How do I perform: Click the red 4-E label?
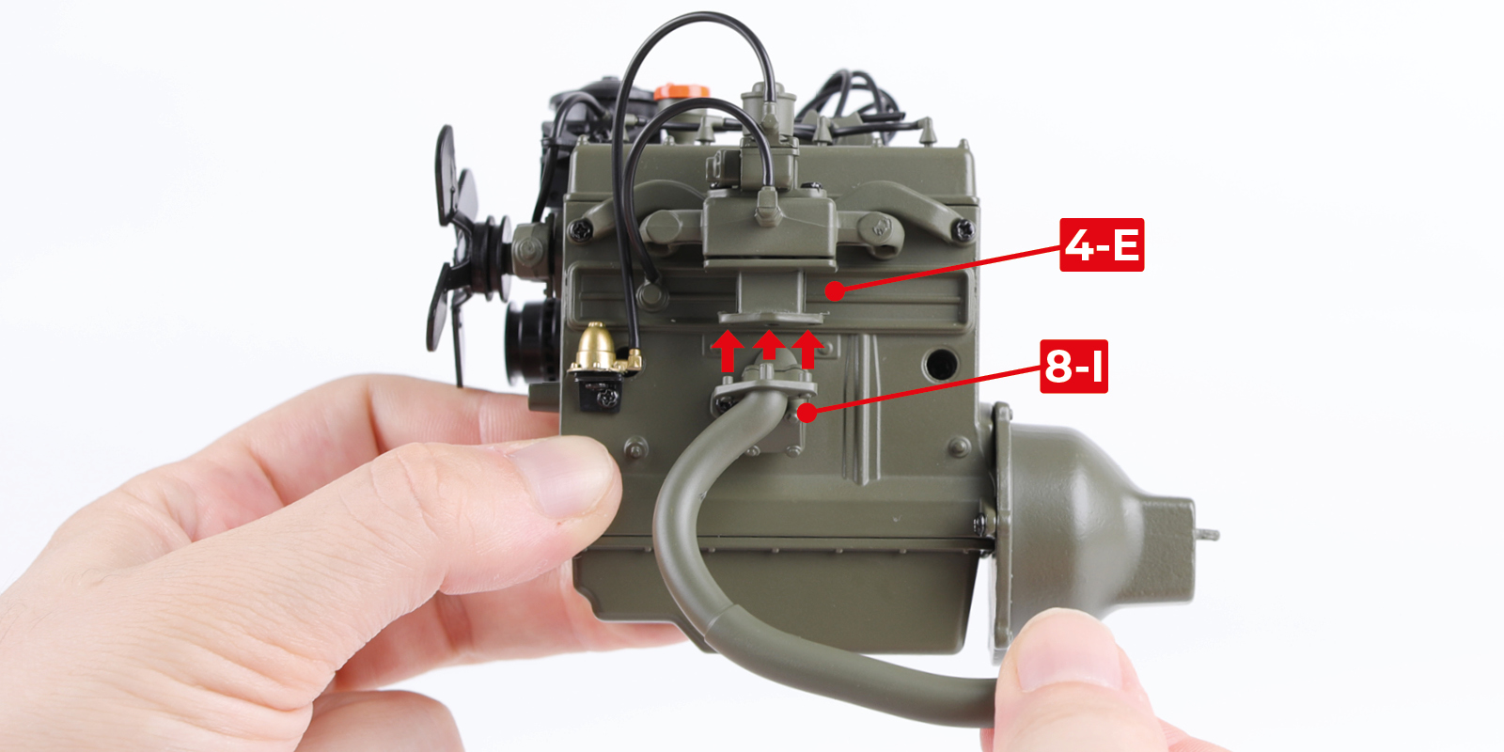1101,244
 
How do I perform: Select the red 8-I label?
1073,366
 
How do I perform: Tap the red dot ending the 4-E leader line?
835,291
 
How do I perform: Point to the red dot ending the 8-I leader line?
807,413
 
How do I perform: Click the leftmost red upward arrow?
728,351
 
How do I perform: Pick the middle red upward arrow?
769,346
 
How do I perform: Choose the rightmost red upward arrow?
807,349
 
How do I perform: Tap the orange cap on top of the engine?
681,92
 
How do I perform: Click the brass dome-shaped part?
595,348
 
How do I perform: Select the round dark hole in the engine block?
940,364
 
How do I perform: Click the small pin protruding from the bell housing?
1207,535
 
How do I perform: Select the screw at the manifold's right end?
963,229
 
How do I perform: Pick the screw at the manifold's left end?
580,231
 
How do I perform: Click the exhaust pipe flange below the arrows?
764,389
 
